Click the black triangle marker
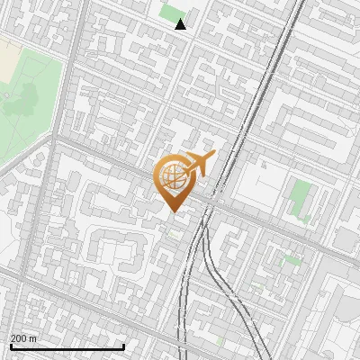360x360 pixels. [x=181, y=24]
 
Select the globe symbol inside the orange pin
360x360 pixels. [x=173, y=178]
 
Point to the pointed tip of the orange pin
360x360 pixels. [x=173, y=211]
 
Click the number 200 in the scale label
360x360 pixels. [x=19, y=338]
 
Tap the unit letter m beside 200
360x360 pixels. [x=33, y=338]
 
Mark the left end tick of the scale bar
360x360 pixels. [x=10, y=346]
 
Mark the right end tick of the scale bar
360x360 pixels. [x=123, y=346]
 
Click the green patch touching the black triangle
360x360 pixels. [x=170, y=13]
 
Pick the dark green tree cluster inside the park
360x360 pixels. [x=20, y=103]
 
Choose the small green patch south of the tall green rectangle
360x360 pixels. [x=290, y=260]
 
